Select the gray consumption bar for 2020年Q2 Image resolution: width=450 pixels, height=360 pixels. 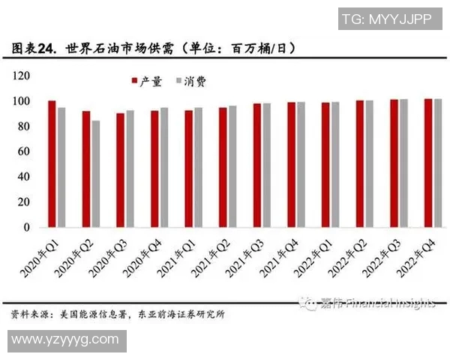tap(95, 173)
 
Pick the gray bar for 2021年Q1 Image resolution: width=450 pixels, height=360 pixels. tap(198, 167)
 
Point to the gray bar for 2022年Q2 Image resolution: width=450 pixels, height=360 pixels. tap(369, 163)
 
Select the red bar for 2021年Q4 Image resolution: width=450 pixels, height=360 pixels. tap(291, 164)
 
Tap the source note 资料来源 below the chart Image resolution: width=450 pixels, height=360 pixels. tap(117, 314)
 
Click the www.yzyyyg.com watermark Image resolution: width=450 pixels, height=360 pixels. tap(65, 340)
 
